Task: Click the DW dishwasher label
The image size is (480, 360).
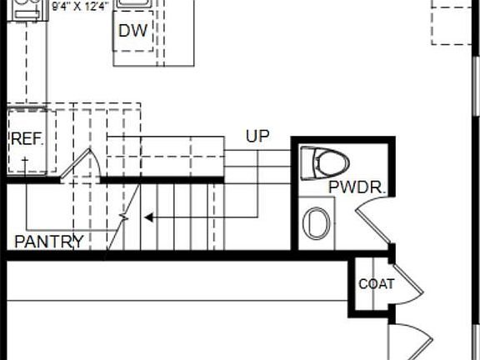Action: coord(132,30)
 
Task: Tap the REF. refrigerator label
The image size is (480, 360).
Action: coord(27,139)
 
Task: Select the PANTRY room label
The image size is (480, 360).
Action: coord(49,242)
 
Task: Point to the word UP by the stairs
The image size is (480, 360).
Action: coord(257,136)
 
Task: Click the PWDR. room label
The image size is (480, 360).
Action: coord(357,187)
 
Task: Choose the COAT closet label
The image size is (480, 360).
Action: coord(376,284)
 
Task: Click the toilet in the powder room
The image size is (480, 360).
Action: coord(324,163)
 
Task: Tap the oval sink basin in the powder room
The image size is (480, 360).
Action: coord(317,223)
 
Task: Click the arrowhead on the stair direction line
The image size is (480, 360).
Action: coord(149,217)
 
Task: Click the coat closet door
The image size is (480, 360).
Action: coord(408,283)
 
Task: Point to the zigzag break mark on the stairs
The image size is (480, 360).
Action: coord(123,217)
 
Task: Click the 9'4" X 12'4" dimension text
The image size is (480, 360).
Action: coord(80,7)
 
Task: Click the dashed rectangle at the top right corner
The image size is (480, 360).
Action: coord(452,22)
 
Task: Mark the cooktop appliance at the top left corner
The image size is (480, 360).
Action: coord(27,10)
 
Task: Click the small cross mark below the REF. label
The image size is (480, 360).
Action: coord(25,160)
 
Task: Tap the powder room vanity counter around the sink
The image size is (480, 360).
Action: coord(317,223)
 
